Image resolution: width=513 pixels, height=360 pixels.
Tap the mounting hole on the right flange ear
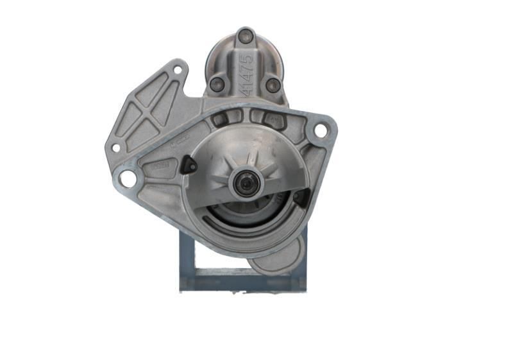point(319,130)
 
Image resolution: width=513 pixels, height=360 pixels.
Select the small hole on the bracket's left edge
point(116,148)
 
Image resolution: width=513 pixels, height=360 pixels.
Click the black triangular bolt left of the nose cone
point(189,166)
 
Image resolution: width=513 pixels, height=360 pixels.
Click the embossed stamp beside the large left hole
point(160,166)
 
